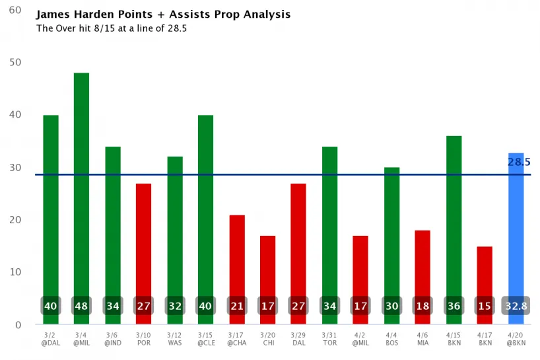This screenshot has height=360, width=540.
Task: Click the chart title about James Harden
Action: point(163,15)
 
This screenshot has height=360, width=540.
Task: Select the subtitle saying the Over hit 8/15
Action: point(112,28)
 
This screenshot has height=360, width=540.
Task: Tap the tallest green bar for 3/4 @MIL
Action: point(81,185)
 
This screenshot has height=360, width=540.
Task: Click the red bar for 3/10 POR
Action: point(143,238)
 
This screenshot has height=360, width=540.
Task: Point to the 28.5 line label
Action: point(519,162)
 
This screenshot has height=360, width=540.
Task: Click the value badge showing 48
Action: point(81,306)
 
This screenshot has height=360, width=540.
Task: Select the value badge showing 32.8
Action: point(516,306)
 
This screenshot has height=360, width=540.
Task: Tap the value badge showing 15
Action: point(485,306)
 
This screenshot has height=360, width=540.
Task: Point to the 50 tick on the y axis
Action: point(14,63)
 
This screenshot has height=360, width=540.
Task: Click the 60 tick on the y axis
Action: point(14,11)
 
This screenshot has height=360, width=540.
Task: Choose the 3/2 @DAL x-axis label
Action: point(50,340)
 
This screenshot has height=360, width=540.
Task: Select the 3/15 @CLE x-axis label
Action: point(205,340)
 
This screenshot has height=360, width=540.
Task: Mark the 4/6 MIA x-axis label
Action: point(422,340)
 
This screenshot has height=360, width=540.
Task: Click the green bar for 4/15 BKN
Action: point(454,218)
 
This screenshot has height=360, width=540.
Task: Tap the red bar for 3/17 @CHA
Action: point(236,258)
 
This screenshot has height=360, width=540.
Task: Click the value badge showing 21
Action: point(236,306)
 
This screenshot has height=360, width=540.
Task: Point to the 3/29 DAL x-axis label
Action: point(298,340)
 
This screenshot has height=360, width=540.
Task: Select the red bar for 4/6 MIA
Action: point(422,264)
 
